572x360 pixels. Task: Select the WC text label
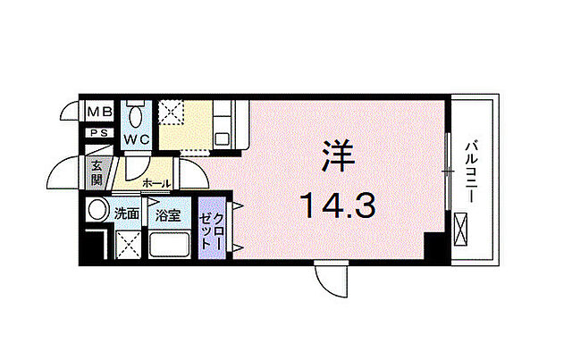tap(136, 139)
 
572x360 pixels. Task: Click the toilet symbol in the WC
tap(136, 116)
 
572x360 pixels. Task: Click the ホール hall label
tap(157, 182)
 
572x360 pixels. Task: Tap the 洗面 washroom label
tap(126, 214)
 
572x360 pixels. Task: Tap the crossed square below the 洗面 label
tap(129, 244)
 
